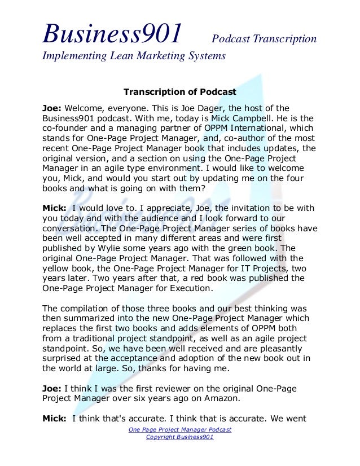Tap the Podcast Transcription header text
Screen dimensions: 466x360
pyautogui.click(x=264, y=39)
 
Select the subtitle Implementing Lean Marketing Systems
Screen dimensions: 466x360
pyautogui.click(x=134, y=56)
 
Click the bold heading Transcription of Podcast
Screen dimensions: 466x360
pyautogui.click(x=179, y=91)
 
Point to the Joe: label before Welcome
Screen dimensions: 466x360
pyautogui.click(x=52, y=108)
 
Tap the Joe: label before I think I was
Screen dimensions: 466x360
pyautogui.click(x=52, y=389)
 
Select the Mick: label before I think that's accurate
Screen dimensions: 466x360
pyautogui.click(x=55, y=418)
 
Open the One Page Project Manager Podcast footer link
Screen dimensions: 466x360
pyautogui.click(x=179, y=430)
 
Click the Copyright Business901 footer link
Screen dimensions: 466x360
pyautogui.click(x=179, y=437)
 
